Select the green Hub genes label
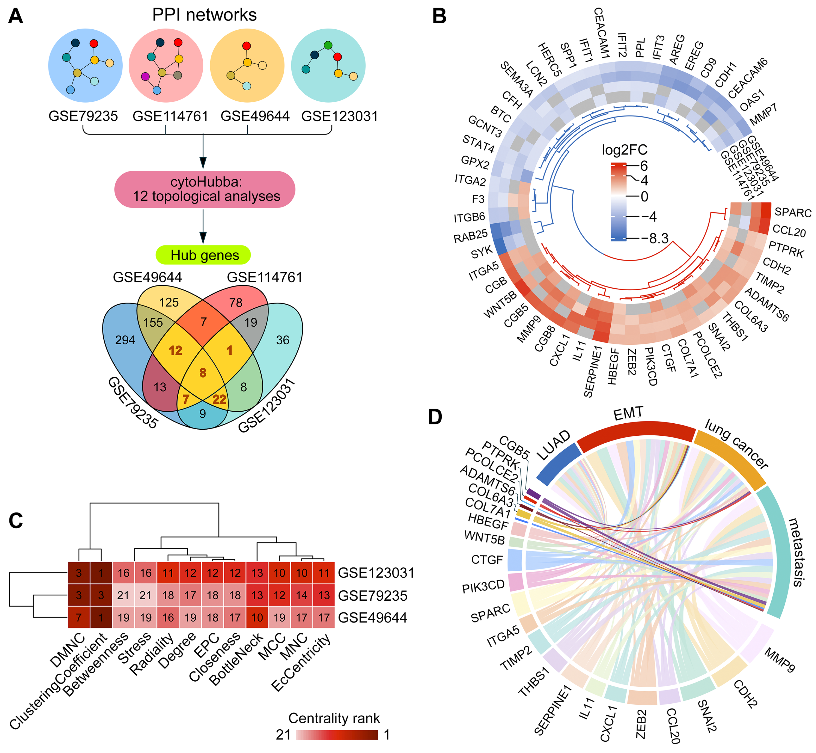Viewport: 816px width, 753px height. pos(203,255)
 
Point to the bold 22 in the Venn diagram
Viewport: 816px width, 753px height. pos(219,399)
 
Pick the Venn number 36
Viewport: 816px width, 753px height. pos(283,340)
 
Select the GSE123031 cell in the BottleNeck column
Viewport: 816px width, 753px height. pos(257,573)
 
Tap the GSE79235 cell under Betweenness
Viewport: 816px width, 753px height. pos(123,595)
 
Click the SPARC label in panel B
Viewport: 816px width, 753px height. pos(792,212)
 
